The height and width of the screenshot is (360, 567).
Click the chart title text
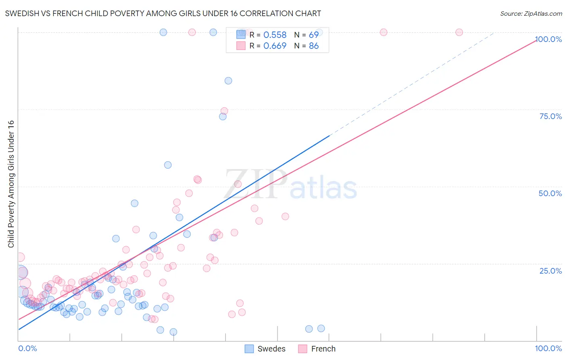click(163, 13)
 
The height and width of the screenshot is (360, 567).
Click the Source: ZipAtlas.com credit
click(531, 13)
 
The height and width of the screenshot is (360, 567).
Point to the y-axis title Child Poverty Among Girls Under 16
click(11, 184)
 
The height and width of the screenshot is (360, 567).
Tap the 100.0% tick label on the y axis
click(548, 39)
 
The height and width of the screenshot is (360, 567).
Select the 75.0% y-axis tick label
click(550, 116)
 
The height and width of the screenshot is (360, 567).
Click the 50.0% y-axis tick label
click(550, 193)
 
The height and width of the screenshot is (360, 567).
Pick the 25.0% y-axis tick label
click(550, 271)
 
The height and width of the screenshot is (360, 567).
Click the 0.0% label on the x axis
click(27, 348)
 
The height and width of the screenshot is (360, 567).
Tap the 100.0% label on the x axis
click(548, 348)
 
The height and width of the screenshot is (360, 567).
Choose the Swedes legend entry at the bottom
click(265, 349)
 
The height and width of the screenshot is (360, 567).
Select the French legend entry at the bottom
click(317, 349)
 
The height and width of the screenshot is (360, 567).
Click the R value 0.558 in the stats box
click(275, 35)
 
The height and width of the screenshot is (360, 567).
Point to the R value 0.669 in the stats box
click(275, 46)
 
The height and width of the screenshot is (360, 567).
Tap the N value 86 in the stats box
click(313, 46)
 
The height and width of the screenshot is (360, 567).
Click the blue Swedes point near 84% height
click(228, 81)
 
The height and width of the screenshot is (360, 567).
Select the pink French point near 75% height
click(224, 111)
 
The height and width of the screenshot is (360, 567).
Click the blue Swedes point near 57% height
click(168, 165)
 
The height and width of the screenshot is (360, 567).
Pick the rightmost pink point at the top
click(459, 32)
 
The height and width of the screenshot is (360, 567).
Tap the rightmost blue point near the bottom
click(321, 329)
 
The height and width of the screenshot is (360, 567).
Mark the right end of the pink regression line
click(536, 40)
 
